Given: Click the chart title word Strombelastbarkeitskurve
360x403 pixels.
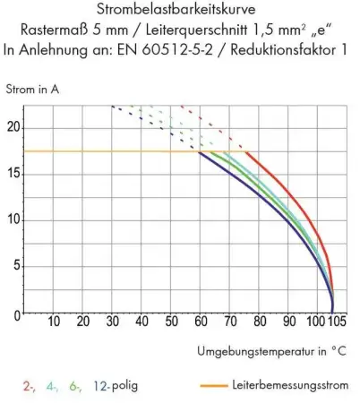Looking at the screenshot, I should click(x=179, y=10).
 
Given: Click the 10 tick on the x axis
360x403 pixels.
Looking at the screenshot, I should click(x=53, y=322).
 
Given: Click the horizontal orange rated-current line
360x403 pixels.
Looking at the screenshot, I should click(x=107, y=151).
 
